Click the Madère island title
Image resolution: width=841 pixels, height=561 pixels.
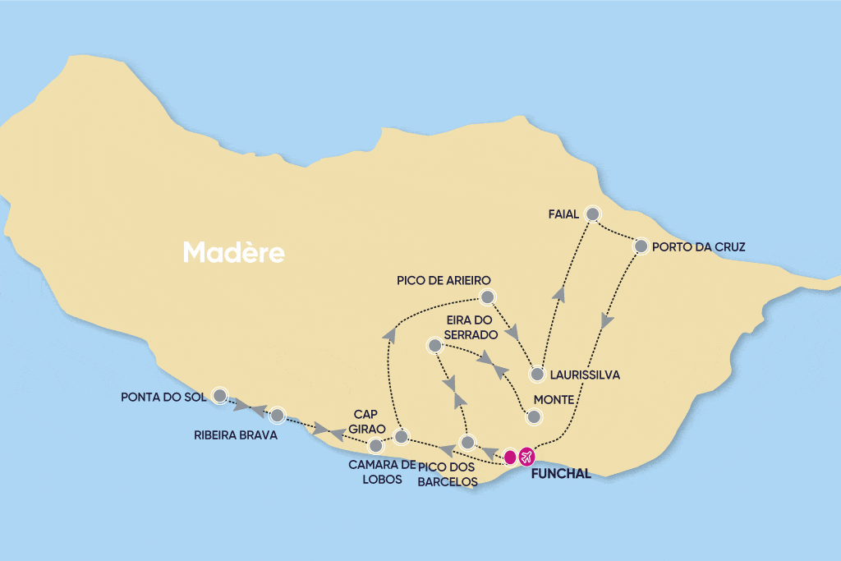[x=234, y=252]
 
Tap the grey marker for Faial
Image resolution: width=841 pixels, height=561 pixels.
[x=593, y=214]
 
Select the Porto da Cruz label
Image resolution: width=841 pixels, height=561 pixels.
[x=700, y=246]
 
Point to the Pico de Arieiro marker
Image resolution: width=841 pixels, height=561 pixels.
[x=487, y=297]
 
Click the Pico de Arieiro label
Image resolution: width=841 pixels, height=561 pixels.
[x=443, y=281]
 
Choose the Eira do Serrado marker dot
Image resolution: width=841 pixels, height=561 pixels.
[x=434, y=345]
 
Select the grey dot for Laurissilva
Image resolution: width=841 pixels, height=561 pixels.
[x=537, y=375]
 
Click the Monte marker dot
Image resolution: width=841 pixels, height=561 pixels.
[x=534, y=417]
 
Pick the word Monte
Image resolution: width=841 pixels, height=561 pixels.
[x=555, y=400]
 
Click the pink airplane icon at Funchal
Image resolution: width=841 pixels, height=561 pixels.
[x=526, y=455]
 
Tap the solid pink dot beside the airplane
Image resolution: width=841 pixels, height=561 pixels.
[x=510, y=455]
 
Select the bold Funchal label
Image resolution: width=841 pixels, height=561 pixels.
[x=561, y=474]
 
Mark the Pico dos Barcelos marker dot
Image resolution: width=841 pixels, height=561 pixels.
[x=466, y=443]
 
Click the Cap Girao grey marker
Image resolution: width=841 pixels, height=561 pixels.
[x=401, y=436]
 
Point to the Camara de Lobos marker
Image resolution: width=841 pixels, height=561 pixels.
[x=375, y=446]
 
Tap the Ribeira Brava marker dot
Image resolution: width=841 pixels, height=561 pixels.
[x=277, y=415]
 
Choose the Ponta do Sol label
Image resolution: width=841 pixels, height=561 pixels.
[x=161, y=398]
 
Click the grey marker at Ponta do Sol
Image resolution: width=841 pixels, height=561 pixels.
[x=219, y=395]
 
